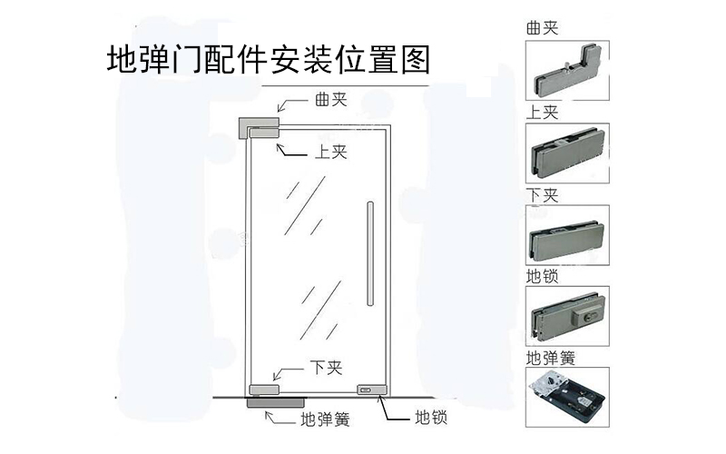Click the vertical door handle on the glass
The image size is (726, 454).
369,254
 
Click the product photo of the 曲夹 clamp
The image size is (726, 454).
567,71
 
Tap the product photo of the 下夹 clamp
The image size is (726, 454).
567,234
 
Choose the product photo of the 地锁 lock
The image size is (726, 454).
567,315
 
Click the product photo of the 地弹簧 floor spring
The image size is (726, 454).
567,397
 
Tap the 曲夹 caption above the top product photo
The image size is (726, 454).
542,28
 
